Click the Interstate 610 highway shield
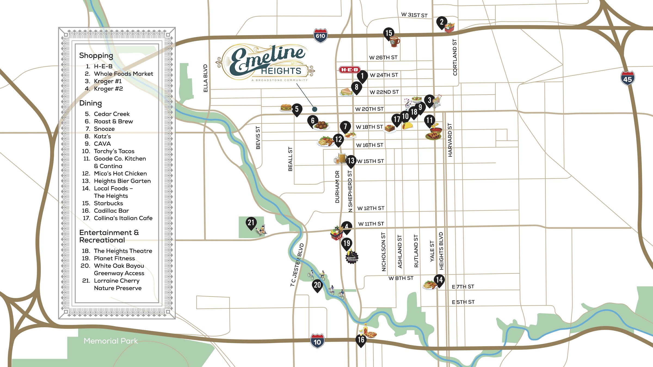320,36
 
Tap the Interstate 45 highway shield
627,79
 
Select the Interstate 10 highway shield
317,341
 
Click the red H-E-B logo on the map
349,70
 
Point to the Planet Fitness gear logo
352,257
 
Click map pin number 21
251,223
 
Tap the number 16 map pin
361,340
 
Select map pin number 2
442,22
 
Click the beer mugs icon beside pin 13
340,158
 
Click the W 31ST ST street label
414,15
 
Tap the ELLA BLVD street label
205,78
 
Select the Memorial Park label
110,341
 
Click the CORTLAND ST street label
455,57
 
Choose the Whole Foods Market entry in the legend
123,74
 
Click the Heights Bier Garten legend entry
122,181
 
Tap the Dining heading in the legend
90,103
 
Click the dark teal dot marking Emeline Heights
315,109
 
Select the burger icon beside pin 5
286,108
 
